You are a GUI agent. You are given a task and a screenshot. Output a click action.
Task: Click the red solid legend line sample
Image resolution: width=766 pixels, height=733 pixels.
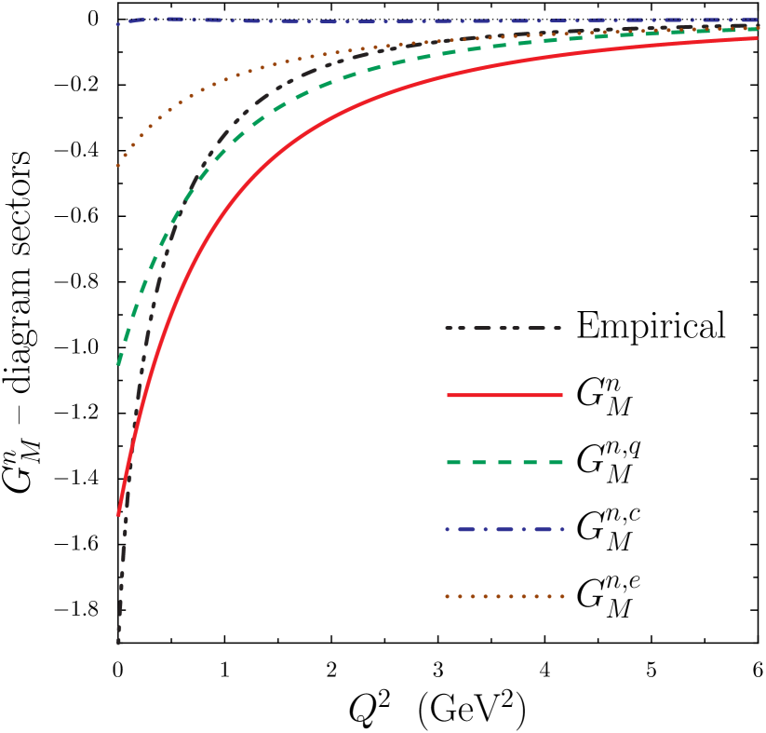(504, 395)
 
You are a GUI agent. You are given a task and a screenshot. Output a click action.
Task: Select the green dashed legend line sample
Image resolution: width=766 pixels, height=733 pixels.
(504, 462)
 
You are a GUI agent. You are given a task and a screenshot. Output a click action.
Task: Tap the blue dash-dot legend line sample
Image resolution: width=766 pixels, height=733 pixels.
(504, 529)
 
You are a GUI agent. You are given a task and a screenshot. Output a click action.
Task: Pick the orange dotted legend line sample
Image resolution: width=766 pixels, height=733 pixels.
(504, 596)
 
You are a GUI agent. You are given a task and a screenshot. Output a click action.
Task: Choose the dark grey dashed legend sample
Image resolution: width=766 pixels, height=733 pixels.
(503, 328)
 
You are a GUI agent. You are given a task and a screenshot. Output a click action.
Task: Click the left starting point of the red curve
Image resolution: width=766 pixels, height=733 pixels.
(118, 514)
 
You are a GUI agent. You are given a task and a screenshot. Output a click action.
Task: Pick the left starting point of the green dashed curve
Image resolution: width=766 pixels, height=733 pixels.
(118, 363)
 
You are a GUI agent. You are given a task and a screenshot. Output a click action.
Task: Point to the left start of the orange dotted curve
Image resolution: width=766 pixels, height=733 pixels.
(117, 166)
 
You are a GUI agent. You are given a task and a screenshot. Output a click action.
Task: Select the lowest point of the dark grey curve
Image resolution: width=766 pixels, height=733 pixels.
(118, 643)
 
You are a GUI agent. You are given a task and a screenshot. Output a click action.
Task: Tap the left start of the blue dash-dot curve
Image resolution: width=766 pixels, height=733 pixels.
(117, 24)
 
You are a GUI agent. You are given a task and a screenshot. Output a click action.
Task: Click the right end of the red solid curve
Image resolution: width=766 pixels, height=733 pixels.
(757, 38)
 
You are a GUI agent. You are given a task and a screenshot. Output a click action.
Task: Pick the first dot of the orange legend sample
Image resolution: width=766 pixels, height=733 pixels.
(447, 596)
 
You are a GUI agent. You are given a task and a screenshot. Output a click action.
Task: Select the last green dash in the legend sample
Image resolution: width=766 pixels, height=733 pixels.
(555, 462)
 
